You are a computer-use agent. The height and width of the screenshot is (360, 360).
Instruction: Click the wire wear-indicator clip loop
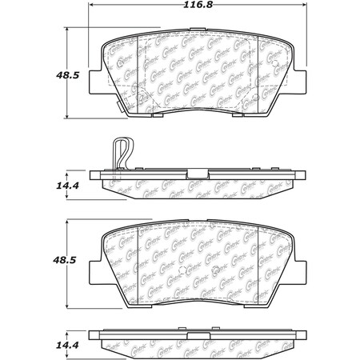point(121,152)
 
